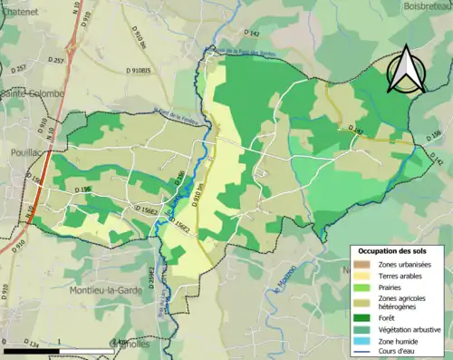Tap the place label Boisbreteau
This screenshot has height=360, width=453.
[416, 7]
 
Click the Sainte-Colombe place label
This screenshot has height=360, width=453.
[33, 92]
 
